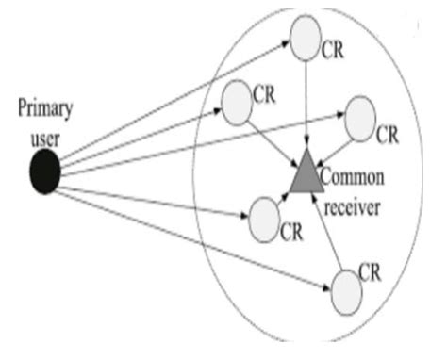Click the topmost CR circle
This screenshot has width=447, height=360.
[306, 38]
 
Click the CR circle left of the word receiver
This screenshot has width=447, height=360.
[265, 218]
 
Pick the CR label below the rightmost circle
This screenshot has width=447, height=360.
[387, 136]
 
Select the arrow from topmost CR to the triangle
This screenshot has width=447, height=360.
[306, 104]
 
